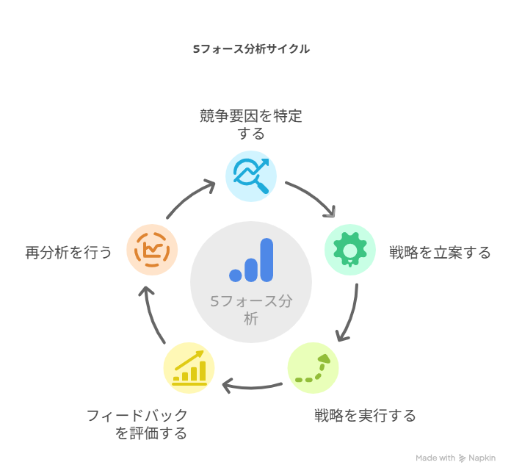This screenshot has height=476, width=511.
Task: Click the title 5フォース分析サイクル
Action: coord(251,49)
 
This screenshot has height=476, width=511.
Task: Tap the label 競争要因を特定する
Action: coord(251,125)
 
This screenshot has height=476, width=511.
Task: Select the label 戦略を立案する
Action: coord(440,253)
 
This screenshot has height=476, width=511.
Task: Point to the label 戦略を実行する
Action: coord(365,416)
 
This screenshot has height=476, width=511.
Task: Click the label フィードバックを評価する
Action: coord(137,425)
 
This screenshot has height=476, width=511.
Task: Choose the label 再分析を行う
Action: coord(68,253)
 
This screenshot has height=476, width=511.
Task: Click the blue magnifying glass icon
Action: coord(251,176)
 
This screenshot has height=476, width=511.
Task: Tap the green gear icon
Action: coord(350,250)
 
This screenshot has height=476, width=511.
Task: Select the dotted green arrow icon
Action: coord(313,368)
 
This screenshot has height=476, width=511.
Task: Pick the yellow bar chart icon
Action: coord(189,368)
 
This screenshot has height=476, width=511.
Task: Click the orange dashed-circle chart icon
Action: coord(152,250)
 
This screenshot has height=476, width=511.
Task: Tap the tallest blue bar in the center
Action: coord(267,260)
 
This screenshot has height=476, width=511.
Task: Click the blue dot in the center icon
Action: coord(235,275)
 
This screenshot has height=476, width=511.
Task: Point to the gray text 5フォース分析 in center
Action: coord(251,310)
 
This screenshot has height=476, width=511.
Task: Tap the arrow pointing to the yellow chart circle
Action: coord(251,387)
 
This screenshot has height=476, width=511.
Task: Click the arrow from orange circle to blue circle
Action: coord(189,198)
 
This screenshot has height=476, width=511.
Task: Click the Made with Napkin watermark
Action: coord(456,458)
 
